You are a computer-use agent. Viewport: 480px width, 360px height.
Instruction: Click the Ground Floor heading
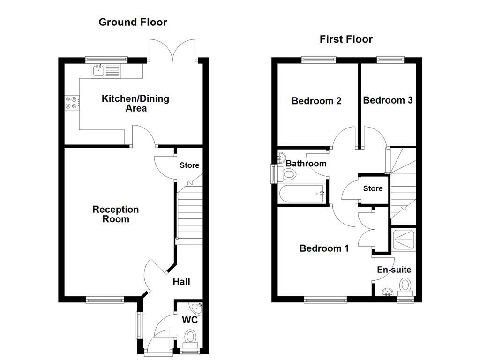[133, 22]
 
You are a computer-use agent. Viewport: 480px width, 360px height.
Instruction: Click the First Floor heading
[346, 39]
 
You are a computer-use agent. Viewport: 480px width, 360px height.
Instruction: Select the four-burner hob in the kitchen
[71, 103]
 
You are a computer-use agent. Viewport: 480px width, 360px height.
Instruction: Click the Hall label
[181, 282]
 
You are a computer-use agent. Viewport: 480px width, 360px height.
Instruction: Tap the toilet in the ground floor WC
[191, 337]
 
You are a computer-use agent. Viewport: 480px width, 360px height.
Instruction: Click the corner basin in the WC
[197, 307]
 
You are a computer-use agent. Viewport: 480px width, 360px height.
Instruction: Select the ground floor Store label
[189, 165]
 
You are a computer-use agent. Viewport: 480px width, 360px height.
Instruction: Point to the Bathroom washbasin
[282, 157]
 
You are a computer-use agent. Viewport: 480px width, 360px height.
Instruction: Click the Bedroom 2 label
[316, 101]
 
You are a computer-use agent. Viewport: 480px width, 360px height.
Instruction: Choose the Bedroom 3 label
[388, 100]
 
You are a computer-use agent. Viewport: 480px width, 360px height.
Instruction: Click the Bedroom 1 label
[324, 248]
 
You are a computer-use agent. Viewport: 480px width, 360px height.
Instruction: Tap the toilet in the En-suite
[405, 285]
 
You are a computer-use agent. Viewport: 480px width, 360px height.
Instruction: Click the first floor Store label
[373, 189]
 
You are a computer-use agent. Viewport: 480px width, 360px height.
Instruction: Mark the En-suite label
[394, 270]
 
